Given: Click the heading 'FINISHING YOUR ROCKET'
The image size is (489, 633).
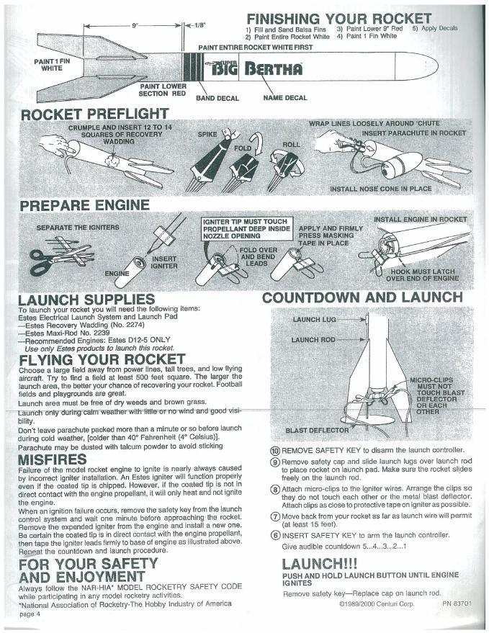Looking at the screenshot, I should pyautogui.click(x=338, y=18).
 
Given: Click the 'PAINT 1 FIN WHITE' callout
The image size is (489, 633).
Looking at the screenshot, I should pyautogui.click(x=51, y=66).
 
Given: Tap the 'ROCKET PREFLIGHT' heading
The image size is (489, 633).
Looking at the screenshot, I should pyautogui.click(x=95, y=115).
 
